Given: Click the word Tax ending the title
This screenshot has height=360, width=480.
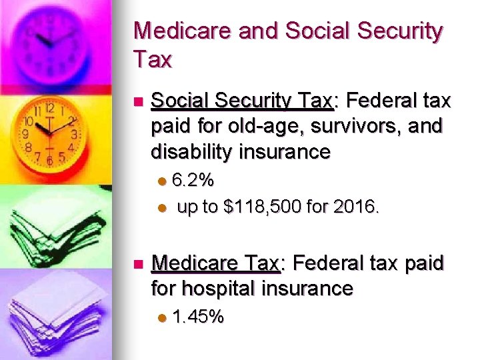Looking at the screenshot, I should tap(153, 61).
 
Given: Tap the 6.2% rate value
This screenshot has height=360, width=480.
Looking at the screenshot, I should tap(193, 180).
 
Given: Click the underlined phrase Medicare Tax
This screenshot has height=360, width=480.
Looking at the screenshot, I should tap(215, 263).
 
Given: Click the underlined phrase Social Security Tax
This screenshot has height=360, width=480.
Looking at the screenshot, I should tap(241, 101).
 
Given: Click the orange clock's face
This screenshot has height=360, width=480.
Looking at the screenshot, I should tap(51, 131).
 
